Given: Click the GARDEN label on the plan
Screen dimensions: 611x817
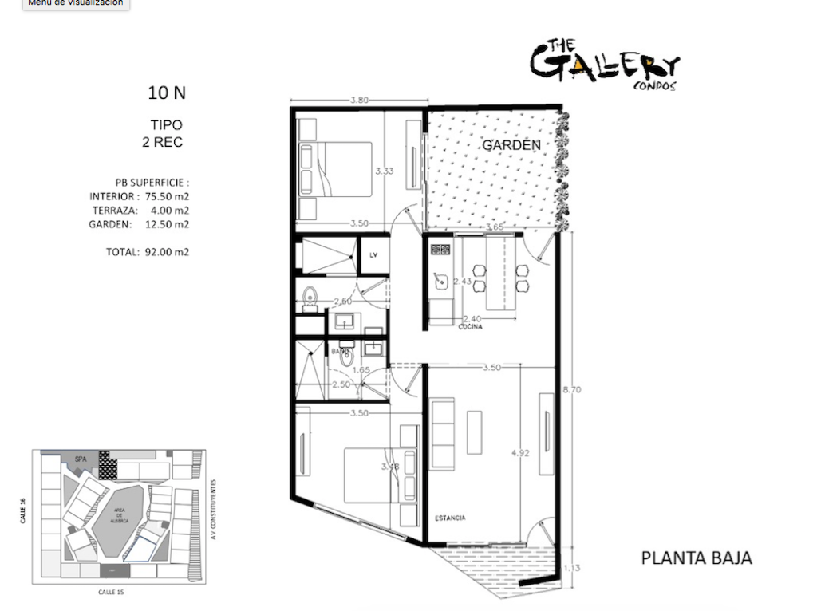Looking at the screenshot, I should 511,145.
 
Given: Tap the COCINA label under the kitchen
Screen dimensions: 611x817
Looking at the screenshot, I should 470,326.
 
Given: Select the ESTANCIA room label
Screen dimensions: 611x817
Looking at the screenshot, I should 450,518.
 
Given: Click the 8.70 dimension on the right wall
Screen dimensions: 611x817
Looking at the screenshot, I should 571,389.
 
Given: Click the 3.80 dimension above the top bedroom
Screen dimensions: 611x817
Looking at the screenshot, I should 358,101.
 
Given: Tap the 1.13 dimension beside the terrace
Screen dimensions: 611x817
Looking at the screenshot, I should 572,568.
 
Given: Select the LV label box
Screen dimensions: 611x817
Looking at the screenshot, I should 373,255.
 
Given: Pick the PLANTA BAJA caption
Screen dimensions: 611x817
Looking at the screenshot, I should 696,558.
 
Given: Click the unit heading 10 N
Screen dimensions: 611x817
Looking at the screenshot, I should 167,93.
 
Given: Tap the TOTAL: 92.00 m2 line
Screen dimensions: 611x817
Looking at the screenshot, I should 148,252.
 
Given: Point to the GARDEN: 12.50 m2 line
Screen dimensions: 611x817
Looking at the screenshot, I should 139,224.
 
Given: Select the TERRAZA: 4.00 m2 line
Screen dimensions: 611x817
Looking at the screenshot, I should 139,210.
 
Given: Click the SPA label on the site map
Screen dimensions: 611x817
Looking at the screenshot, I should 80,459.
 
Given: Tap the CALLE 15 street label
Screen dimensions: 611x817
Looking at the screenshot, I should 110,592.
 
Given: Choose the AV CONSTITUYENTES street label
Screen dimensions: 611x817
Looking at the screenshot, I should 214,510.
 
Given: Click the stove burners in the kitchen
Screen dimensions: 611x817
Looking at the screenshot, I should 440,249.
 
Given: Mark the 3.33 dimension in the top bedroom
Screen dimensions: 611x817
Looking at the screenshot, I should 384,171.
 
